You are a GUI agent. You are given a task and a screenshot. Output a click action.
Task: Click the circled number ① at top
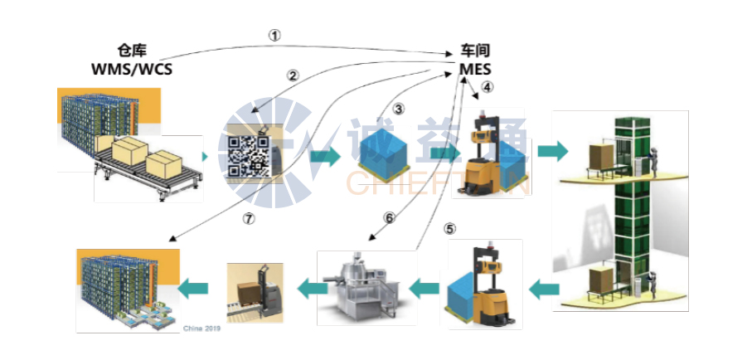[275, 36]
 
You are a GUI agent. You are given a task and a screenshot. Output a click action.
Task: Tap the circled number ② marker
[292, 75]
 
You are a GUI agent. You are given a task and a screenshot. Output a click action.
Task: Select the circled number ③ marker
[399, 109]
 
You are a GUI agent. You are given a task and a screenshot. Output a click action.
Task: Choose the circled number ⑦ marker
[247, 219]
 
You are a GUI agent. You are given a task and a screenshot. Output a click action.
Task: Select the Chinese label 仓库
[133, 51]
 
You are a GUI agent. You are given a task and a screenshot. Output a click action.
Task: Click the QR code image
[249, 155]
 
